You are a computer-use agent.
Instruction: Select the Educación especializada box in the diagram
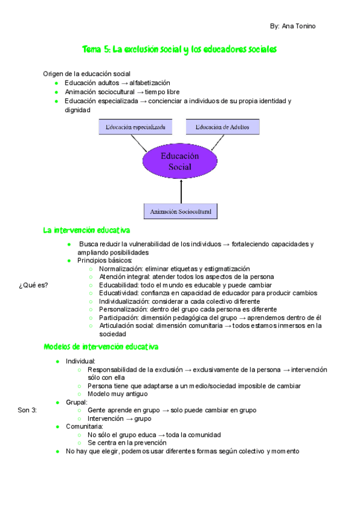(x=136, y=127)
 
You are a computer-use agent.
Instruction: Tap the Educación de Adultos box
(x=223, y=127)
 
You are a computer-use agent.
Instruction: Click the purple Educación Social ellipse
(x=179, y=161)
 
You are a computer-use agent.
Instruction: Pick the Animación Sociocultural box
(x=181, y=211)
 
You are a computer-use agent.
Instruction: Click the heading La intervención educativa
(x=86, y=230)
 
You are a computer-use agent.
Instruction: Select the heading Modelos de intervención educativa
(x=101, y=346)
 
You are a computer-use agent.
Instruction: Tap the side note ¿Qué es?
(x=33, y=285)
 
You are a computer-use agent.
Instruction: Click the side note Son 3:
(x=28, y=410)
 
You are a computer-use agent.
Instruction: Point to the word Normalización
(x=120, y=269)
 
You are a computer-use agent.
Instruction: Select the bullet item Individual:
(x=80, y=361)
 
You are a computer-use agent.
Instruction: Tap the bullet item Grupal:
(x=77, y=402)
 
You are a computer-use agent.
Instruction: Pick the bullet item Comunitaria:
(x=85, y=426)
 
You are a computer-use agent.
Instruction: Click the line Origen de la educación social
(x=86, y=73)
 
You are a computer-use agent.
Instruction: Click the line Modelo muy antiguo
(x=117, y=394)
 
